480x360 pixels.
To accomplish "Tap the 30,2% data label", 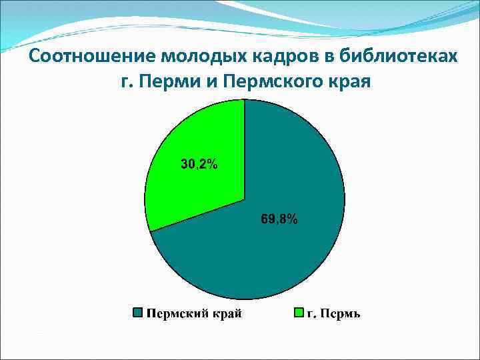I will click(x=199, y=164).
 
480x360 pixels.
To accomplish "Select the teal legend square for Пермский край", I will click(x=139, y=313).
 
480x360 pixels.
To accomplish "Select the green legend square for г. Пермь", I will click(x=299, y=313).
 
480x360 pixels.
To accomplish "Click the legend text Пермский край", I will click(x=194, y=313).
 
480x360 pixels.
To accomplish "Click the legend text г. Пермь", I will click(x=333, y=313).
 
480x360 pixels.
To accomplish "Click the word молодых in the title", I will click(x=180, y=56).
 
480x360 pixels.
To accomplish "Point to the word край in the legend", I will click(x=227, y=313).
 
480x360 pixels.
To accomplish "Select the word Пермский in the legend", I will click(x=177, y=313).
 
